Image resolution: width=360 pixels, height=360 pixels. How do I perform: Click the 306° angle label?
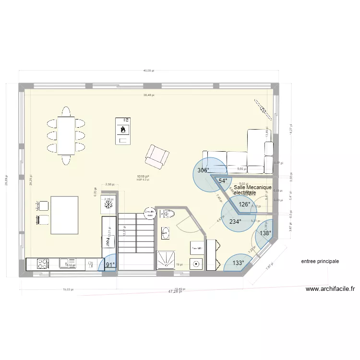(x=203, y=170)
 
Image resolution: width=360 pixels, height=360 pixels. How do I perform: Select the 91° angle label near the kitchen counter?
(x=110, y=264)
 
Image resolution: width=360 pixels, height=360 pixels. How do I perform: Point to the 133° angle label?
(x=238, y=263)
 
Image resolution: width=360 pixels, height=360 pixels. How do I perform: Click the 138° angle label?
(x=265, y=233)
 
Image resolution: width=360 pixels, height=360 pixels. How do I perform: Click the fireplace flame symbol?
(x=123, y=129)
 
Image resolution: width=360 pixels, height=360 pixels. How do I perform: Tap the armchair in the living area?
(x=157, y=156)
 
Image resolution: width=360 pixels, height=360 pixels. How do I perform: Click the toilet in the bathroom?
(x=167, y=214)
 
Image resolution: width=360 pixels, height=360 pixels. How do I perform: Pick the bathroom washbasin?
(x=166, y=233)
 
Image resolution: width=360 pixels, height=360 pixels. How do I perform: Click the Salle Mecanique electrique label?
(x=252, y=190)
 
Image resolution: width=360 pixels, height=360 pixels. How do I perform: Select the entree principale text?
(x=320, y=262)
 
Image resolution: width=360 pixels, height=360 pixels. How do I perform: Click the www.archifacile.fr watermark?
(x=330, y=289)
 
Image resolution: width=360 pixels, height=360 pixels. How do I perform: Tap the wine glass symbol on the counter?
(x=89, y=264)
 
